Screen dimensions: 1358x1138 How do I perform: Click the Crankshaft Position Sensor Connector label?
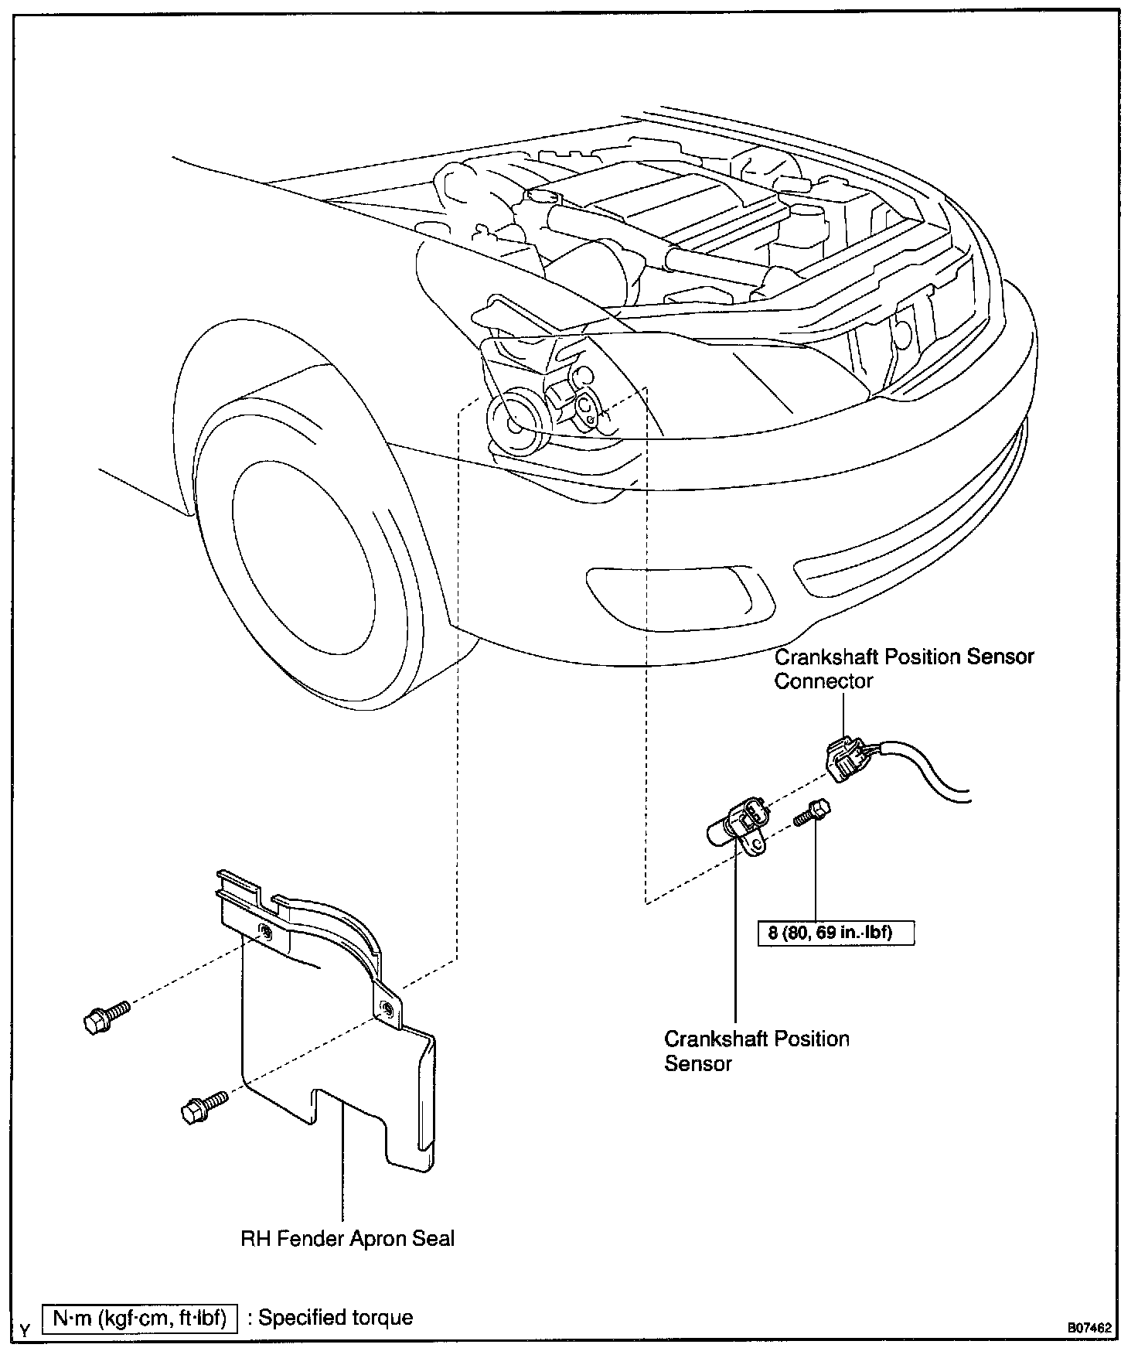(904, 668)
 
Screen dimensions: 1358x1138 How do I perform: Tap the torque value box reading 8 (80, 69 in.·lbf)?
(836, 932)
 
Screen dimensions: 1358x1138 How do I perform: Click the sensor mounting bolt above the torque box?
(812, 814)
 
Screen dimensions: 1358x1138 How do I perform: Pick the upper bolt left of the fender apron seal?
(104, 1017)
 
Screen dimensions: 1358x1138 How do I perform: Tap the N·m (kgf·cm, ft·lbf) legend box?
(140, 1318)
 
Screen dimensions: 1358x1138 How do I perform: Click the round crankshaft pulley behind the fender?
(516, 421)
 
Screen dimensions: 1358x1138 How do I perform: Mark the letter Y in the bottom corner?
(26, 1330)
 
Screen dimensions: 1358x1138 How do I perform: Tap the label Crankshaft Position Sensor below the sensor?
(756, 1050)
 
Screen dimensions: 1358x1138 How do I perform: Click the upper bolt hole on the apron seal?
(265, 932)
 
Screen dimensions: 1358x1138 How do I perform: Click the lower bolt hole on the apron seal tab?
(386, 1006)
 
